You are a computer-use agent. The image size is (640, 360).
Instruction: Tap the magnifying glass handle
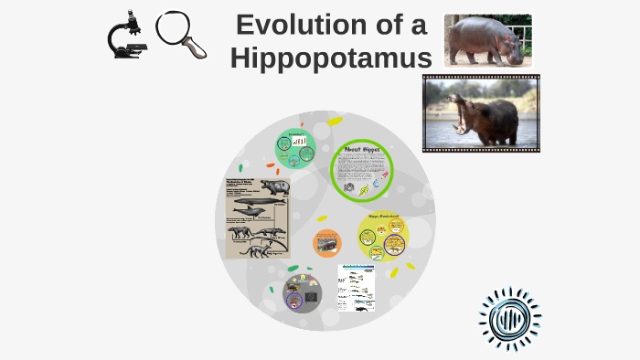point(195,49)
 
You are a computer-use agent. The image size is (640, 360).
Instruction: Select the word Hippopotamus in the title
point(331,58)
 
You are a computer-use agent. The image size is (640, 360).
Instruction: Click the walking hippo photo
point(487,40)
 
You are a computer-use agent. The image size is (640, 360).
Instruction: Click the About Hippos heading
point(361,149)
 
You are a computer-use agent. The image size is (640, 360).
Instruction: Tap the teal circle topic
point(295,149)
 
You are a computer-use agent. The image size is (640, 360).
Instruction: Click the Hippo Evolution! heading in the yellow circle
point(383,217)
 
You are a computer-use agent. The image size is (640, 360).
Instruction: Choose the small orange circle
point(326,243)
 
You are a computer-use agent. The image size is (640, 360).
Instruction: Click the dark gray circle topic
point(295,295)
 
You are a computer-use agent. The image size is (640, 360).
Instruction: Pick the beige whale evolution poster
point(258,218)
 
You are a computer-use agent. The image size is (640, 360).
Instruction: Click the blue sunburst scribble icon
point(509,319)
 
